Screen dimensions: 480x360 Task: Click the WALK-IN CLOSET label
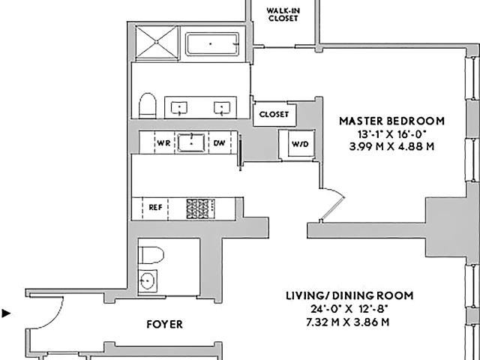283,14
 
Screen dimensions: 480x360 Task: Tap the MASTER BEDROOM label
391,121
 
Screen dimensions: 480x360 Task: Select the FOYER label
165,324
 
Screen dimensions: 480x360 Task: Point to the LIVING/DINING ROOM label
349,295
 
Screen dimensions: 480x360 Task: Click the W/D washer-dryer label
300,144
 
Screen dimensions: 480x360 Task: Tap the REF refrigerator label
155,208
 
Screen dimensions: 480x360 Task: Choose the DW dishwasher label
219,143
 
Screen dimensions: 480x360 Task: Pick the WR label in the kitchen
163,143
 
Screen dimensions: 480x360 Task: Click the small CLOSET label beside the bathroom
274,115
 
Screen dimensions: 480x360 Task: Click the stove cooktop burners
200,208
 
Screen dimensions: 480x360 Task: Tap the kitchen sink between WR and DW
191,142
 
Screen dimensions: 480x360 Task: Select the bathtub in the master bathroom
212,44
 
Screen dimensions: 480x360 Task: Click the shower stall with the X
157,42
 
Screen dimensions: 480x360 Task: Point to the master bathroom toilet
148,106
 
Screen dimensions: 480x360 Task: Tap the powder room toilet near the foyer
151,255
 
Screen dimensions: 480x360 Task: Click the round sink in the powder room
148,280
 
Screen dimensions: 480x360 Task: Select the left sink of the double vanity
179,108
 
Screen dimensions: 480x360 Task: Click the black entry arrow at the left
6,313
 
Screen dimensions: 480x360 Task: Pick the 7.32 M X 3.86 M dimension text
348,322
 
